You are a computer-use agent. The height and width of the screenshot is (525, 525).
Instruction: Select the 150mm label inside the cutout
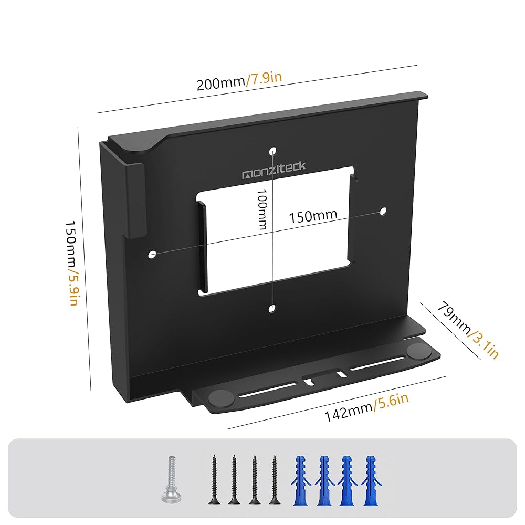312,216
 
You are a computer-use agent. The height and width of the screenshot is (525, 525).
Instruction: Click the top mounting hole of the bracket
272,152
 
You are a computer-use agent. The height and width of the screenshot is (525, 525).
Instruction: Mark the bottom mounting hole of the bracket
271,309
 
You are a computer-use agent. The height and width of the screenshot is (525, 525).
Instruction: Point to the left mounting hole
152,254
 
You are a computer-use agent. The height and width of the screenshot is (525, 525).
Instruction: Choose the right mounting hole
383,212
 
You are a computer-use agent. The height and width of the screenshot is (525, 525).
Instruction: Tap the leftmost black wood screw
214,480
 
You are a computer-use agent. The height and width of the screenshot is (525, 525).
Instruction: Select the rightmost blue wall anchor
371,479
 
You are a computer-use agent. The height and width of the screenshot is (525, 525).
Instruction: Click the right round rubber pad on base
418,351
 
